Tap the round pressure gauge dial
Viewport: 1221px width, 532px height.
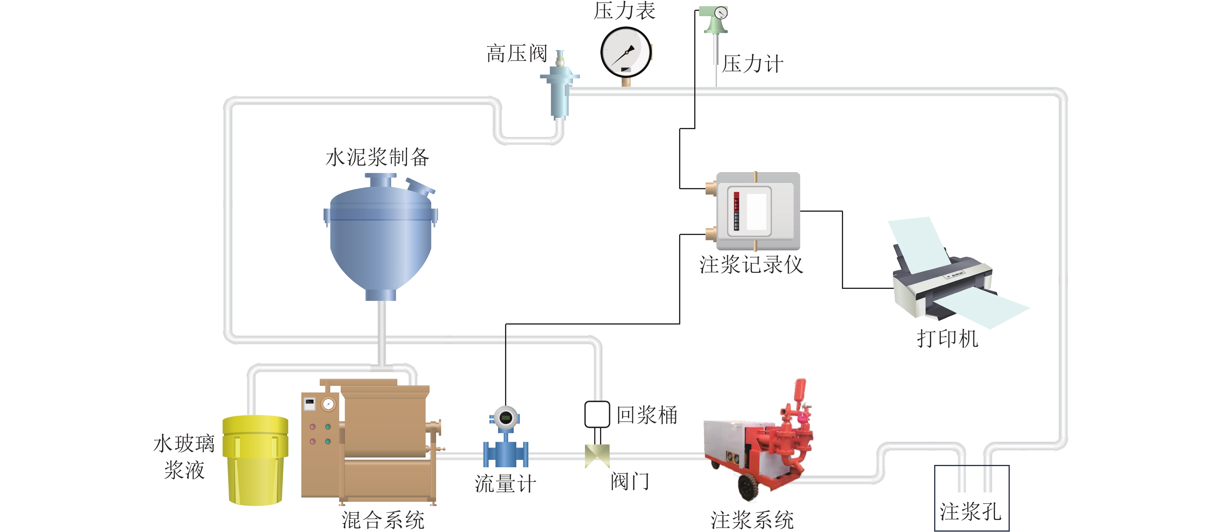626,52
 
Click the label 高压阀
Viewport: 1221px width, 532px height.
517,53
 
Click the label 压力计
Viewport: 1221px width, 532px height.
752,64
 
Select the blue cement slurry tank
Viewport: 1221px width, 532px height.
381,237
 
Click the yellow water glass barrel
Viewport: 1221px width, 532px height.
255,460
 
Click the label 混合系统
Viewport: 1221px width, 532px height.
383,520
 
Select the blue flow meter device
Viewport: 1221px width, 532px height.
505,439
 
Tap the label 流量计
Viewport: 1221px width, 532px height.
505,484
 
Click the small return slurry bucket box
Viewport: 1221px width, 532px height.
597,415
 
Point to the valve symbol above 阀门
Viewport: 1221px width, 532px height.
597,456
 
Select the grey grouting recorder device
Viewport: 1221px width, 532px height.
757,211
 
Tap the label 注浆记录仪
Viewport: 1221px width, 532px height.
751,264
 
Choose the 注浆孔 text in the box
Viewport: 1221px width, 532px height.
970,511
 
